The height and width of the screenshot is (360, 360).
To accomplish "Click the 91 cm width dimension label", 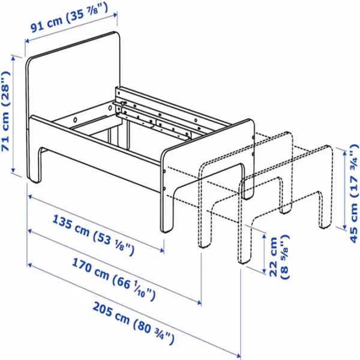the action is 69,17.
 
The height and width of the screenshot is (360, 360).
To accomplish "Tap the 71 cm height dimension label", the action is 5,111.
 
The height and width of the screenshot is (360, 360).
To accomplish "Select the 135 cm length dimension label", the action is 93,235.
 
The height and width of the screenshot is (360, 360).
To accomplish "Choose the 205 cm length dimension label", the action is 133,323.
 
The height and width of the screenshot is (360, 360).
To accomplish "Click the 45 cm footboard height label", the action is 353,193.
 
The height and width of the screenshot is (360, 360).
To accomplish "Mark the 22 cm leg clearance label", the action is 278,257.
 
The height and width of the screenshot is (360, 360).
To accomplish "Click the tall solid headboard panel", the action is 73,92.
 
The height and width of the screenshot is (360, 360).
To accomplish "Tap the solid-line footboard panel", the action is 206,175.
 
